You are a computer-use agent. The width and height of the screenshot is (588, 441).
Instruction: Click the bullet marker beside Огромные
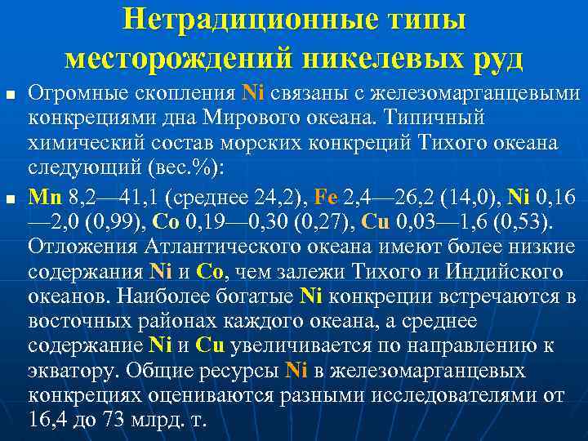point(9,96)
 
